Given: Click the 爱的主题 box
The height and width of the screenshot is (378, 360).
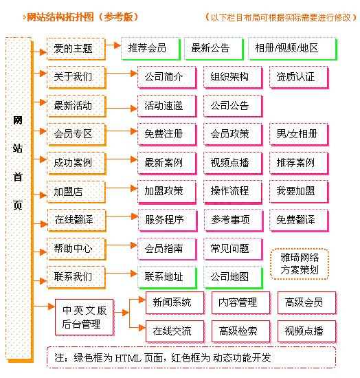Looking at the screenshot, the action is point(76,49).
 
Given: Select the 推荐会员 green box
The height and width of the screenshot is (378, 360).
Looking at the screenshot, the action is point(150,49).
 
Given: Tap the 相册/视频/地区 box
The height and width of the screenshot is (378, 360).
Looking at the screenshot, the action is point(292,49).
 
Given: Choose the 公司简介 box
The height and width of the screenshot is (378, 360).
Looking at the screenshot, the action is point(167,77).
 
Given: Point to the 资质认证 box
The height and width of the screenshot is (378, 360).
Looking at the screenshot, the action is point(299,77).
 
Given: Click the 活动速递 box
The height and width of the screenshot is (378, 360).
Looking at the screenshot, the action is point(167,106).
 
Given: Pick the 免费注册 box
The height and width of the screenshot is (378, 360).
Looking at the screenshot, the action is point(167,134).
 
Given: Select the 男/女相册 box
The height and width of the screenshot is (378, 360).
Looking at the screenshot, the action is point(299,134).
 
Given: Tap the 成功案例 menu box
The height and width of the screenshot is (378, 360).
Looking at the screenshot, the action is point(76,163).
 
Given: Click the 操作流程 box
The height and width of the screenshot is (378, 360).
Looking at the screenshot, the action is point(233,192).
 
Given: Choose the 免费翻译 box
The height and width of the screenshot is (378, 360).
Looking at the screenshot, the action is point(299,220).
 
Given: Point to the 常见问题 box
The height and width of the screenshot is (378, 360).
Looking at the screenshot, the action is point(233,249).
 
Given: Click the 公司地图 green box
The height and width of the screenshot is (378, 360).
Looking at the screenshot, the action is point(233,277).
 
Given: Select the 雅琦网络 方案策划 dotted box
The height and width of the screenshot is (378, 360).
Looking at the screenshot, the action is point(300,264).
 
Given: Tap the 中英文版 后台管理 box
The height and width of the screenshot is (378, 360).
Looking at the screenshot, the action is point(85,317).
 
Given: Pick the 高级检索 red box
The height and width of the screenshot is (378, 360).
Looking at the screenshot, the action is point(241,331).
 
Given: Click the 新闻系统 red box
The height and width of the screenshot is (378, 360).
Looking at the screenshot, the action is point(175,302).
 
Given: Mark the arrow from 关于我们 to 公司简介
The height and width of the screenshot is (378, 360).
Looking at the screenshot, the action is point(122,74).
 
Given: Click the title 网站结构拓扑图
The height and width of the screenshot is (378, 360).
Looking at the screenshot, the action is point(60,17).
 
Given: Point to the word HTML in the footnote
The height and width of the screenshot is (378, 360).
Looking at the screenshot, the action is point(128,358).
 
